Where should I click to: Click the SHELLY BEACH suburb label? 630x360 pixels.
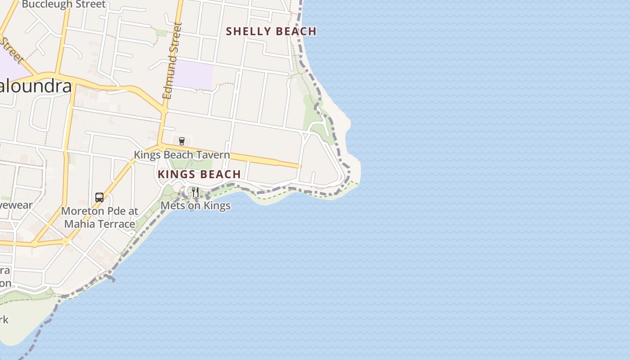pos(271,31)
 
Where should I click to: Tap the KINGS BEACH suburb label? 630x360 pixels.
pos(199,175)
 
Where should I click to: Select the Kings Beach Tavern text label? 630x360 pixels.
pos(182,155)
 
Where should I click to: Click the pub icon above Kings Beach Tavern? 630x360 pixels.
pos(182,141)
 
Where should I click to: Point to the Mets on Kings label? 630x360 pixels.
pos(195,206)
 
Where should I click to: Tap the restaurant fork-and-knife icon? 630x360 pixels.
pos(195,192)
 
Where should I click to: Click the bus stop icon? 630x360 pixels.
pos(99,197)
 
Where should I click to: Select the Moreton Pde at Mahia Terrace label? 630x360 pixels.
pos(99,217)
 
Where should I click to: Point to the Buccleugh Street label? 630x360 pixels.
pos(63,4)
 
